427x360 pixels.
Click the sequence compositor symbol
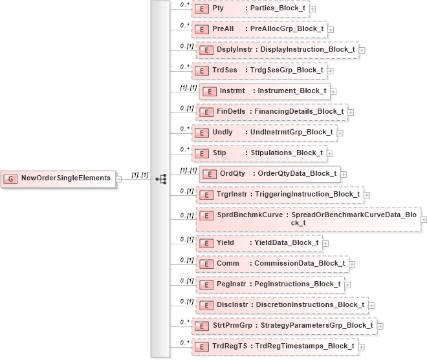point(161,178)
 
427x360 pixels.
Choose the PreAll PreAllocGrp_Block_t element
point(259,29)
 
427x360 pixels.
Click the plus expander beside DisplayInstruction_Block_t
point(362,50)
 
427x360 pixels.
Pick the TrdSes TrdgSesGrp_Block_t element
point(259,70)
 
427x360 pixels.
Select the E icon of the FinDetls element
point(206,112)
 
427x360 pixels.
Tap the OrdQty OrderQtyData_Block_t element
point(269,173)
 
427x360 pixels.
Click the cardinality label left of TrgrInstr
point(186,191)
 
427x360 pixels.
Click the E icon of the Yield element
point(206,243)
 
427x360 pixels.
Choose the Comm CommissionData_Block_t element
point(272,264)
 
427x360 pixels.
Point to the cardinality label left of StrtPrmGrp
point(184,321)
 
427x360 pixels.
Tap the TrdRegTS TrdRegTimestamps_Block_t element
point(278,346)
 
